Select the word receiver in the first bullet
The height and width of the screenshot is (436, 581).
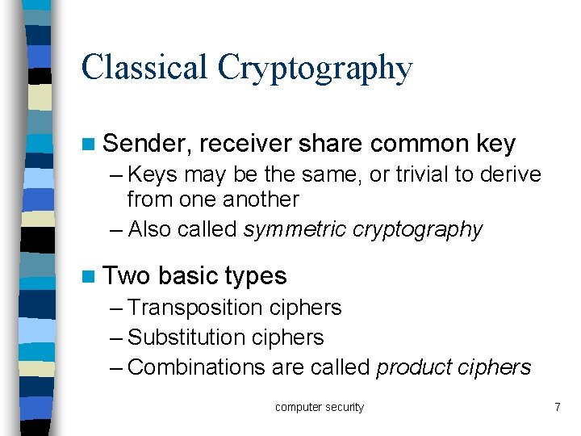[x=245, y=144]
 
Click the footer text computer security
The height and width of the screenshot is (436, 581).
[x=320, y=407]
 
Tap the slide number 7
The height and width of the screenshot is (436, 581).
[x=557, y=407]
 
